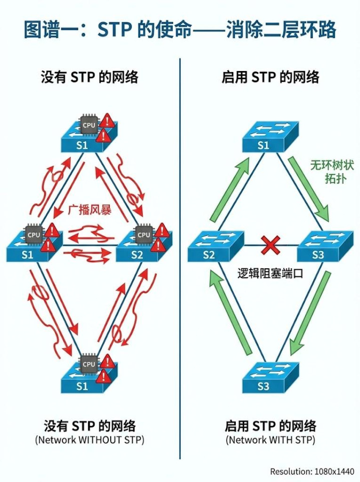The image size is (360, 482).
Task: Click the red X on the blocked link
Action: [270, 245]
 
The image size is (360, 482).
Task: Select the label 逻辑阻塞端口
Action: [270, 274]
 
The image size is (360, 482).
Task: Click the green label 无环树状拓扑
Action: [328, 172]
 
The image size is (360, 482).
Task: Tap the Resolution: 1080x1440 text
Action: [312, 471]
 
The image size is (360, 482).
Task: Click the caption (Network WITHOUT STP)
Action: [90, 440]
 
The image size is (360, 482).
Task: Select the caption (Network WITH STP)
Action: [270, 440]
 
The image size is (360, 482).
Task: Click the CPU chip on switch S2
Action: [144, 234]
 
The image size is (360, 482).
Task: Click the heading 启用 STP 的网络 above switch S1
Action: [270, 78]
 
